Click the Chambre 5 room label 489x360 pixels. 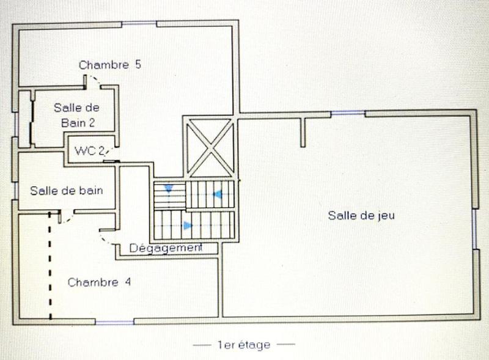pos(110,65)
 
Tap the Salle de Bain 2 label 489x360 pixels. pos(76,114)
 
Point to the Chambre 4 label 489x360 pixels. pos(99,282)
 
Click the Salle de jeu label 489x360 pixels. pos(358,215)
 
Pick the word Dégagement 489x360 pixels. pos(166,248)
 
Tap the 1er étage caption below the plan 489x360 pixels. pos(244,345)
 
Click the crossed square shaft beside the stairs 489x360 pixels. pos(208,147)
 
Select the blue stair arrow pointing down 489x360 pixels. pos(167,189)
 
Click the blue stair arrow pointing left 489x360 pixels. pos(216,194)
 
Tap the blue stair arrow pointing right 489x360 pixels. pos(188,226)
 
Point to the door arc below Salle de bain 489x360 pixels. pos(66,219)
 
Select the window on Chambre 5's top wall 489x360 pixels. pos(139,24)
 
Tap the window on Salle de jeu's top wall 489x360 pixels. pos(348,112)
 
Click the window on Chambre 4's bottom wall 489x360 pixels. pos(115,321)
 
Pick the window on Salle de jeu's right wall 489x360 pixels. pos(474,229)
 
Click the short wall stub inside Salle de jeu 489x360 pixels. pos(303,131)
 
